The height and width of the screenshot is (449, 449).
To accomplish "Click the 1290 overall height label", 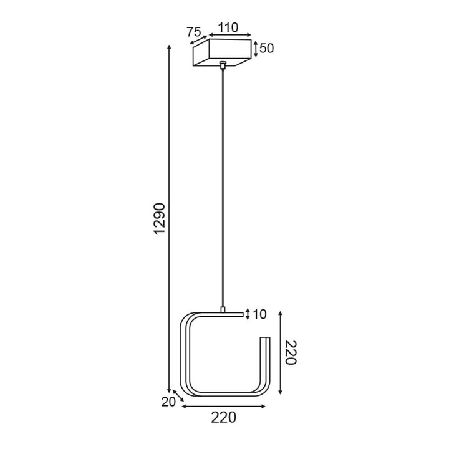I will (x=160, y=219).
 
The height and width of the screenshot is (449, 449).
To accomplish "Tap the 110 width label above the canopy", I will (x=228, y=27).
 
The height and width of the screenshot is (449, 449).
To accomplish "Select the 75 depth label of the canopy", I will (x=194, y=32).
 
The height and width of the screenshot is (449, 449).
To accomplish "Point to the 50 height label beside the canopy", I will (x=266, y=48).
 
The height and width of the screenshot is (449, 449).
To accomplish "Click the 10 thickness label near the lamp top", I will (x=259, y=314).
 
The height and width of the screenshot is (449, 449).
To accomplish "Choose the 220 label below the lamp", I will (x=223, y=418).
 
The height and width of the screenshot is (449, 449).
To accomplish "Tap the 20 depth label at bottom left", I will (x=168, y=402).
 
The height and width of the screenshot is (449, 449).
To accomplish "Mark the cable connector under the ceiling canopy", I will (x=223, y=64).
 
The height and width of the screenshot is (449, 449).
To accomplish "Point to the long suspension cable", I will (x=223, y=187).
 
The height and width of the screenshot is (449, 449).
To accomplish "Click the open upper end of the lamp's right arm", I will (x=265, y=339).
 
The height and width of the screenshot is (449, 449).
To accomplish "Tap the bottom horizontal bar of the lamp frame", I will (x=224, y=394).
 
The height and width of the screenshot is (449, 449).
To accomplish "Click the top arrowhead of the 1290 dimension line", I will (x=169, y=47).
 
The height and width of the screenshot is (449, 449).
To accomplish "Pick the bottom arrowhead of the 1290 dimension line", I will (x=169, y=390).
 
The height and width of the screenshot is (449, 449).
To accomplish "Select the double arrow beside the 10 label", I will (x=248, y=314).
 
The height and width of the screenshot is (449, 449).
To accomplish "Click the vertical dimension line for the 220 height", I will (x=281, y=353).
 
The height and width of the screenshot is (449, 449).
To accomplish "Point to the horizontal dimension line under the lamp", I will (x=223, y=407).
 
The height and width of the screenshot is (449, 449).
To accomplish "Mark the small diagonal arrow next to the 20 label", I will (x=178, y=395).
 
